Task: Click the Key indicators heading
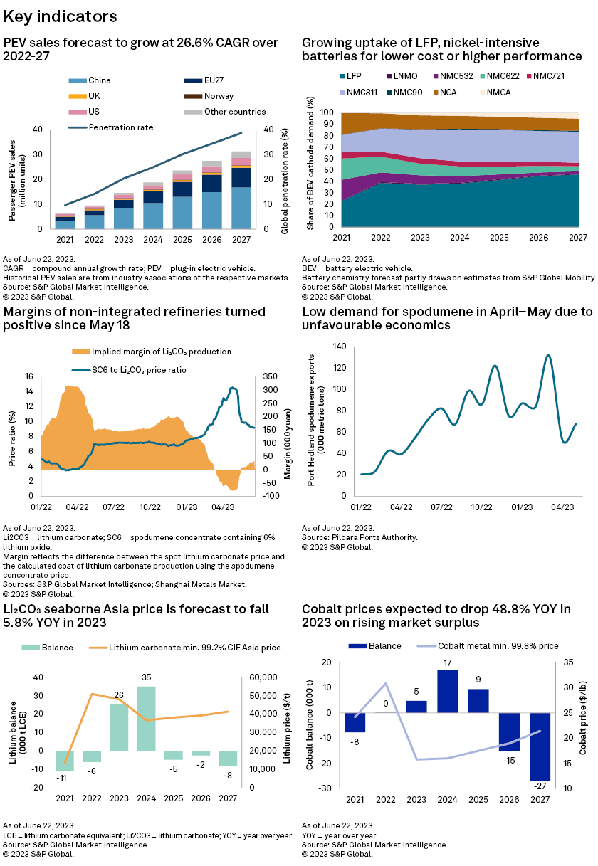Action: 61,16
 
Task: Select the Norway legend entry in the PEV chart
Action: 219,96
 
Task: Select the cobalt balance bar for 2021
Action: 355,722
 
